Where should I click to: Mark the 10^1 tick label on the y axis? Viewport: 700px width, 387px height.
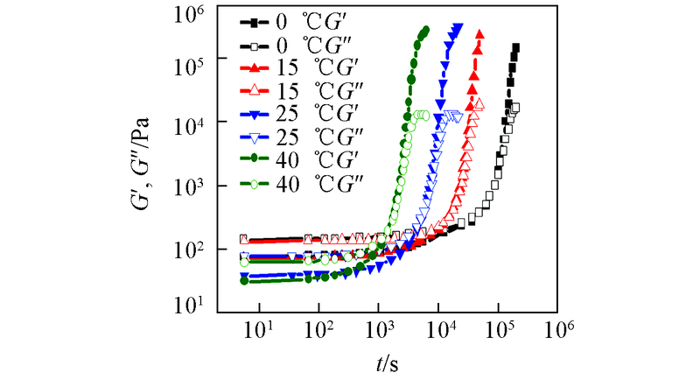pos(190,304)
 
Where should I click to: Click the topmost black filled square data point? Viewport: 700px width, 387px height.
pos(516,47)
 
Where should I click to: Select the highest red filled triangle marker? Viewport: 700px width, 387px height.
pos(479,34)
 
